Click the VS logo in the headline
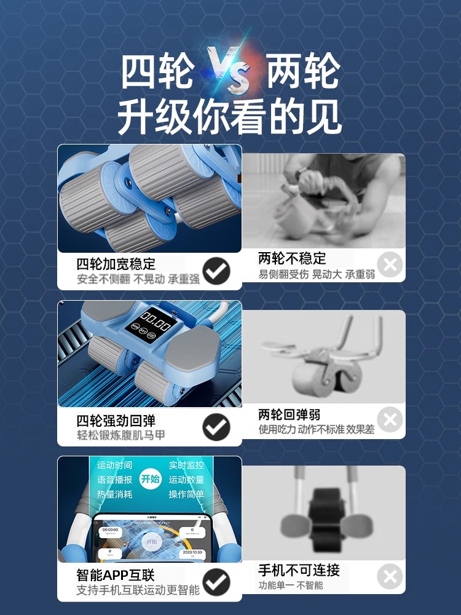[229, 71]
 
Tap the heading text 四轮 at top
[156, 72]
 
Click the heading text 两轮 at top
[303, 72]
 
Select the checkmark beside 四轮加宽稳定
[216, 271]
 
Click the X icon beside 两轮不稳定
[390, 266]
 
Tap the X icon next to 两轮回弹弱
[390, 421]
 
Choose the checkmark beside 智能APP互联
[216, 582]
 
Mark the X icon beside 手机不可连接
[390, 577]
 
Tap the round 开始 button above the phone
[150, 479]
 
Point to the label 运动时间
[114, 466]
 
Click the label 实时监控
[186, 466]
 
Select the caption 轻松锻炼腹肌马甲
[121, 435]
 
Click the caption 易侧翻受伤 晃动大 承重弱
[317, 274]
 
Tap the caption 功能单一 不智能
[291, 585]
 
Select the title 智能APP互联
[116, 575]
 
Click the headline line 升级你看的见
[230, 116]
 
